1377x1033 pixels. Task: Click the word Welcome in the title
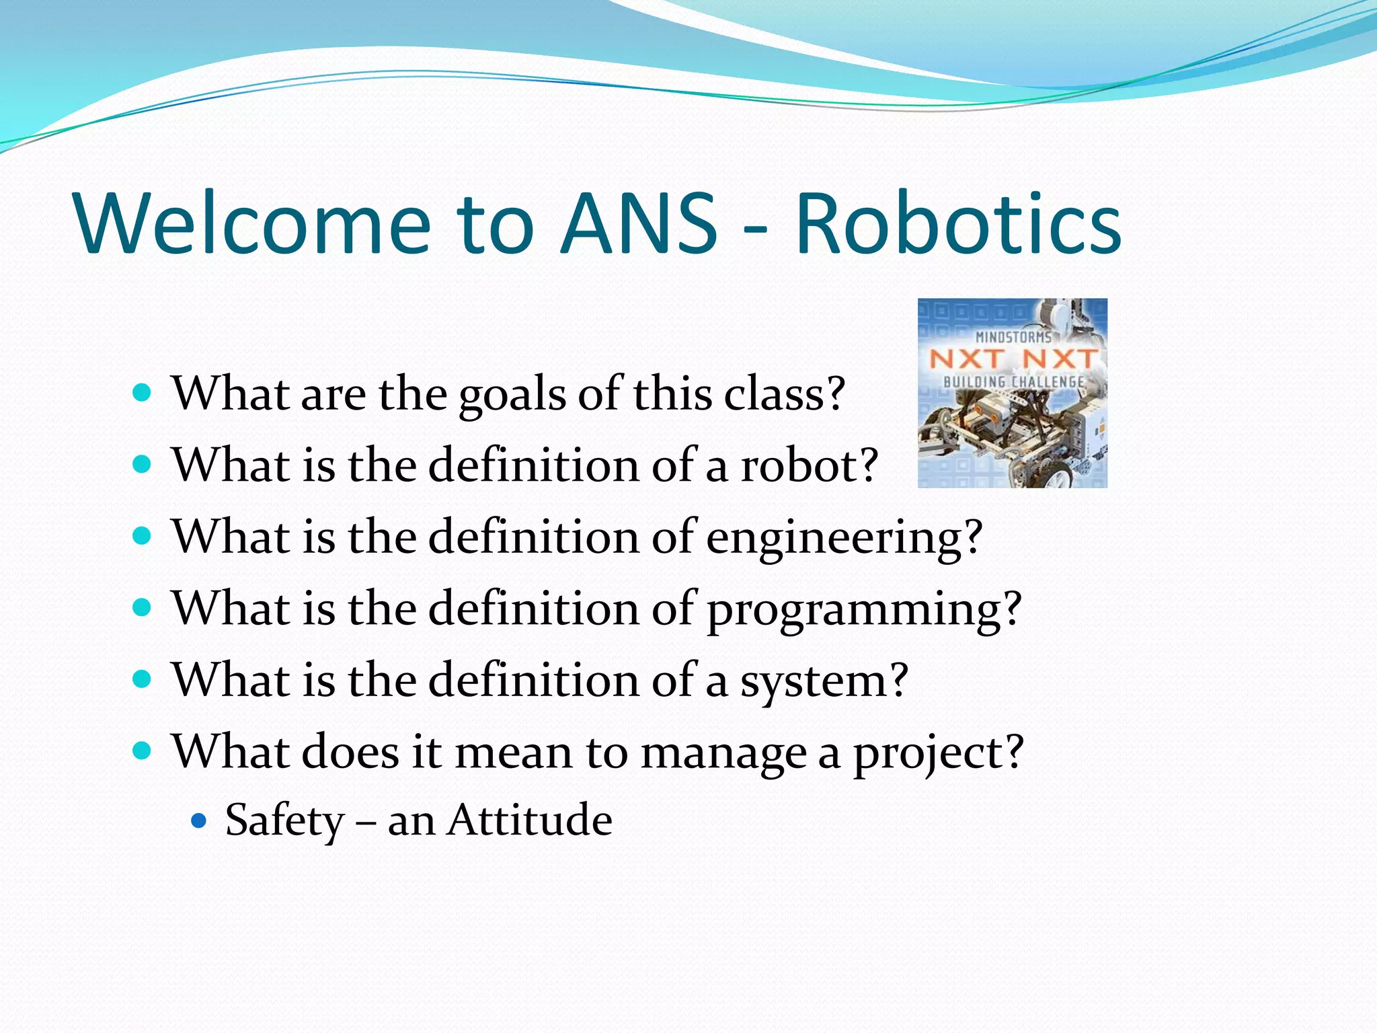[x=253, y=223]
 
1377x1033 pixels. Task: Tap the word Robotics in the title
[x=958, y=223]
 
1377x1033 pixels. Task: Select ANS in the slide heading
[x=639, y=223]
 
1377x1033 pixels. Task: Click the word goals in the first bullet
[x=513, y=395]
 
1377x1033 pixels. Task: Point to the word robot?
[x=810, y=465]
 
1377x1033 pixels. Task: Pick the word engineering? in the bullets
[x=844, y=539]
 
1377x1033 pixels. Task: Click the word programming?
[x=865, y=611]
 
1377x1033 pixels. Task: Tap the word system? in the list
[x=824, y=682]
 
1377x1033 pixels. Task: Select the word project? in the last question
[x=939, y=754]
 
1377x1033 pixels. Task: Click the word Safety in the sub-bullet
[x=284, y=821]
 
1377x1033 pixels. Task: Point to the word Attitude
[x=530, y=820]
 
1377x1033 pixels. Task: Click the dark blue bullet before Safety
[x=198, y=820]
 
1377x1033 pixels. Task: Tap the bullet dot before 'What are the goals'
[x=142, y=393]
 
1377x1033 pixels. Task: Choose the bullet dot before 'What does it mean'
[x=142, y=751]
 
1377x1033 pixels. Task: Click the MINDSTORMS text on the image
[x=1013, y=336]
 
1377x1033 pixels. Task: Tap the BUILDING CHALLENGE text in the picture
[x=1013, y=382]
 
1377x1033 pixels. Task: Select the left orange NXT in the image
[x=967, y=359]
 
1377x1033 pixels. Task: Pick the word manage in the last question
[x=723, y=754]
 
